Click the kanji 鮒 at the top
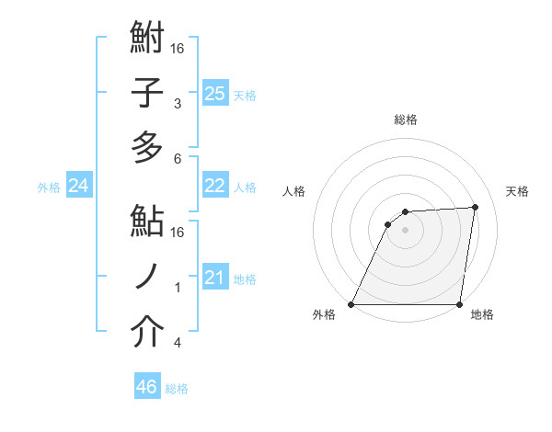(147, 40)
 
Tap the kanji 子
(147, 93)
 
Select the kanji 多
(147, 147)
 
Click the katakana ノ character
(147, 277)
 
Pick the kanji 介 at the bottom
(147, 333)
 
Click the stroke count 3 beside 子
(177, 104)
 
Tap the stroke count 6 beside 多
(177, 158)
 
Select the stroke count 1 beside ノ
(177, 288)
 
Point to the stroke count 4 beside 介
(177, 343)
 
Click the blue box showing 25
(214, 93)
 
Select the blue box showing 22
(214, 186)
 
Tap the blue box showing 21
(214, 278)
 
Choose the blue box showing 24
(78, 186)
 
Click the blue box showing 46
(147, 387)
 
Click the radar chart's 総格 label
(405, 119)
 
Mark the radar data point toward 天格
(476, 207)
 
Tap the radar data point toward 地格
(459, 304)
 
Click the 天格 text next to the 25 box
(245, 95)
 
